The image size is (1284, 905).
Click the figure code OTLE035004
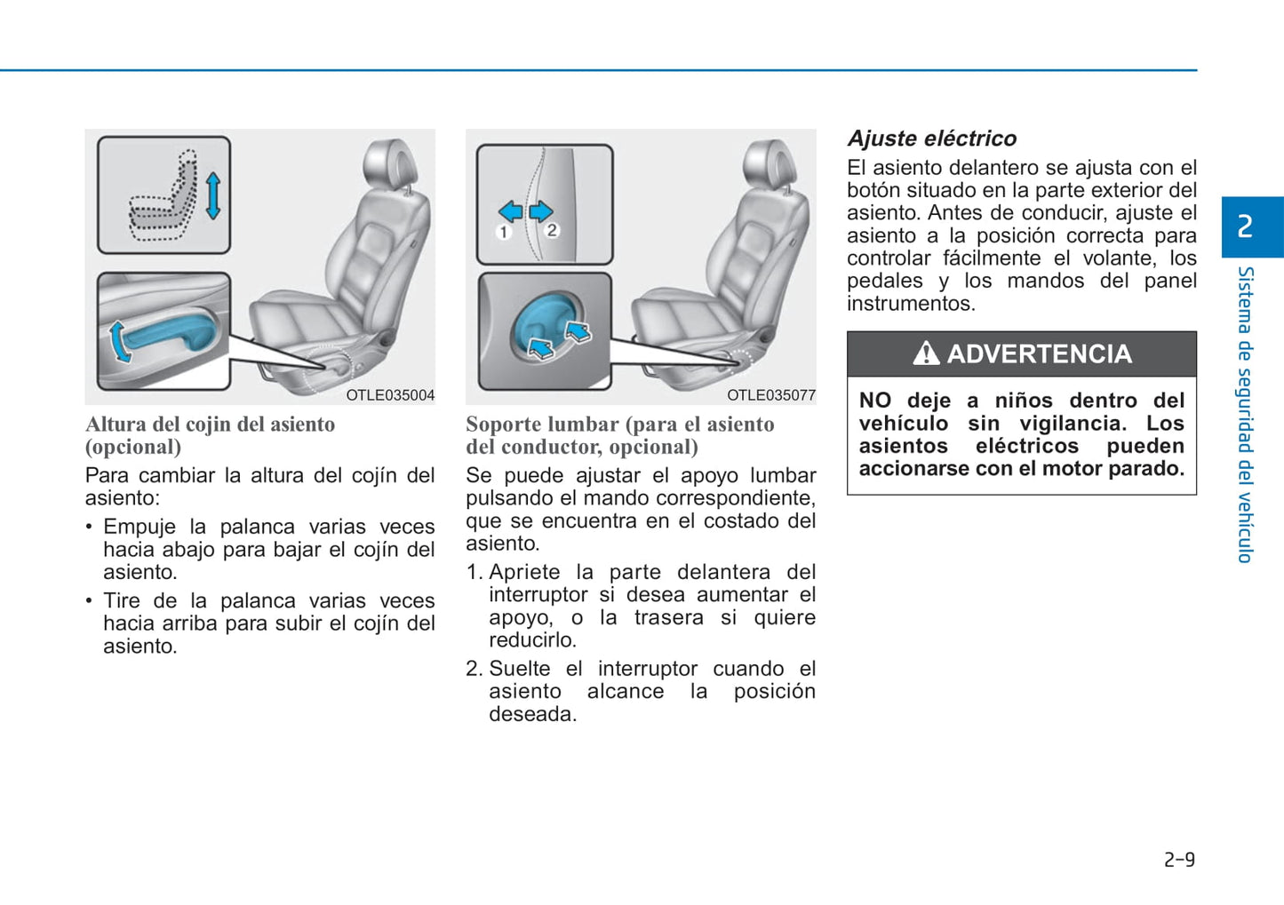tap(390, 395)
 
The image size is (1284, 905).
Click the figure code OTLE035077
tap(771, 395)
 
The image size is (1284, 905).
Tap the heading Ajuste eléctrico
tap(931, 139)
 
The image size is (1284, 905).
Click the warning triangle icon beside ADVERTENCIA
tap(926, 353)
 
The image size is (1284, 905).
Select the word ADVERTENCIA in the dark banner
tap(1040, 354)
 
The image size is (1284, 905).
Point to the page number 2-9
tap(1179, 860)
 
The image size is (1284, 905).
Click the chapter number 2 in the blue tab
tap(1245, 226)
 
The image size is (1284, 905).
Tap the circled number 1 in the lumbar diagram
tap(503, 232)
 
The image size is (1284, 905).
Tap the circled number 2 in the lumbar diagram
tap(552, 230)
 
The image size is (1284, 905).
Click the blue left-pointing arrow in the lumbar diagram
tap(510, 211)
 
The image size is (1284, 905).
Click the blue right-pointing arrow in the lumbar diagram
tap(540, 211)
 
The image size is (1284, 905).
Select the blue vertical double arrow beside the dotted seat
tap(213, 196)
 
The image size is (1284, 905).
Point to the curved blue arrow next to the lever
tap(117, 342)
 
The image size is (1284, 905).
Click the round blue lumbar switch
tap(547, 327)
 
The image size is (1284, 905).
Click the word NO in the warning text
tap(874, 401)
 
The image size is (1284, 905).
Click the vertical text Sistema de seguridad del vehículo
tap(1245, 415)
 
